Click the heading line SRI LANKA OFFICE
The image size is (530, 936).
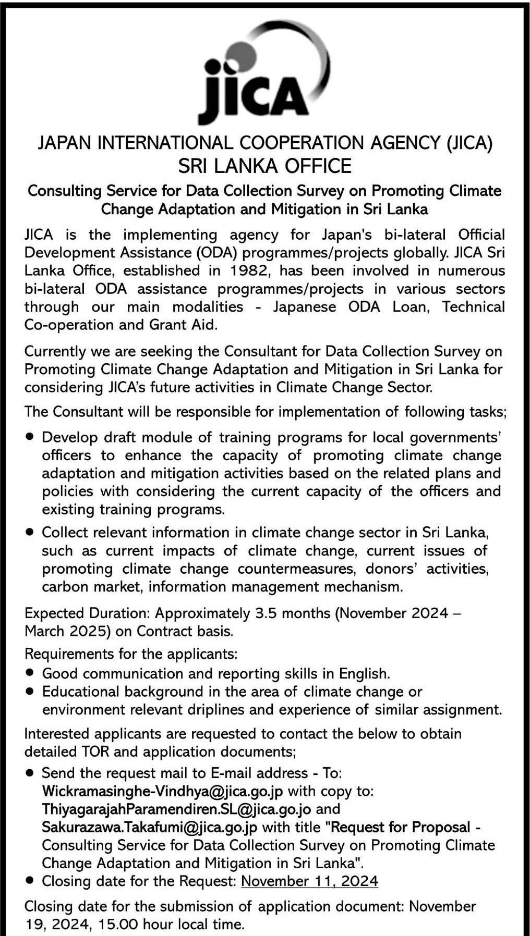pos(265,166)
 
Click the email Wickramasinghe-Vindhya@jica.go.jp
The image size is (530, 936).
pos(162,791)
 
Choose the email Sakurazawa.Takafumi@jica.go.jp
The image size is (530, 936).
pos(149,827)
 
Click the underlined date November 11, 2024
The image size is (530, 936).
pos(310,881)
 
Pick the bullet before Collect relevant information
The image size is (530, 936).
pos(30,532)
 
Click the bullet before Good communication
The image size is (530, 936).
pos(30,673)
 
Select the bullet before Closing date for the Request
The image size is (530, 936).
pos(30,881)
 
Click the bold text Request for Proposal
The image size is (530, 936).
pos(401,827)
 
